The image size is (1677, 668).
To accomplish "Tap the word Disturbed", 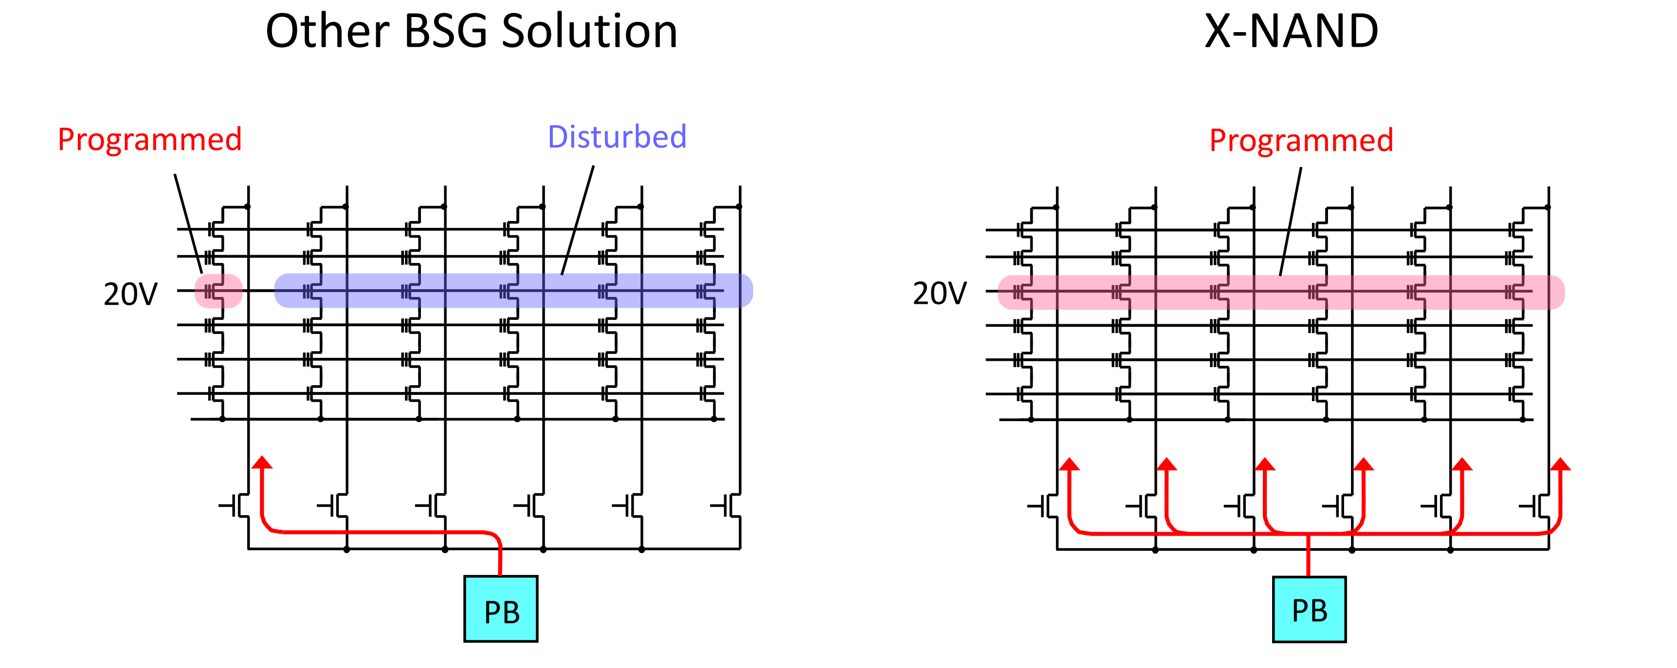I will coord(617,137).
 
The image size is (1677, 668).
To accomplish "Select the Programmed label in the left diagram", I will coord(150,139).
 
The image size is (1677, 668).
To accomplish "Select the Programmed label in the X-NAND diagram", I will coord(1301,140).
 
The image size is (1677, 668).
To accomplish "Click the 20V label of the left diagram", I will coord(130,294).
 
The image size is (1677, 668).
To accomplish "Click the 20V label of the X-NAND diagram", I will coord(939,294).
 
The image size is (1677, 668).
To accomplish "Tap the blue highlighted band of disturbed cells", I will coord(513,290).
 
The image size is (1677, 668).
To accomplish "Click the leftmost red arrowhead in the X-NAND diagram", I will coord(1069,464).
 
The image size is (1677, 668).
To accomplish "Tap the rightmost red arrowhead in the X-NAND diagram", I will coord(1560,464).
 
